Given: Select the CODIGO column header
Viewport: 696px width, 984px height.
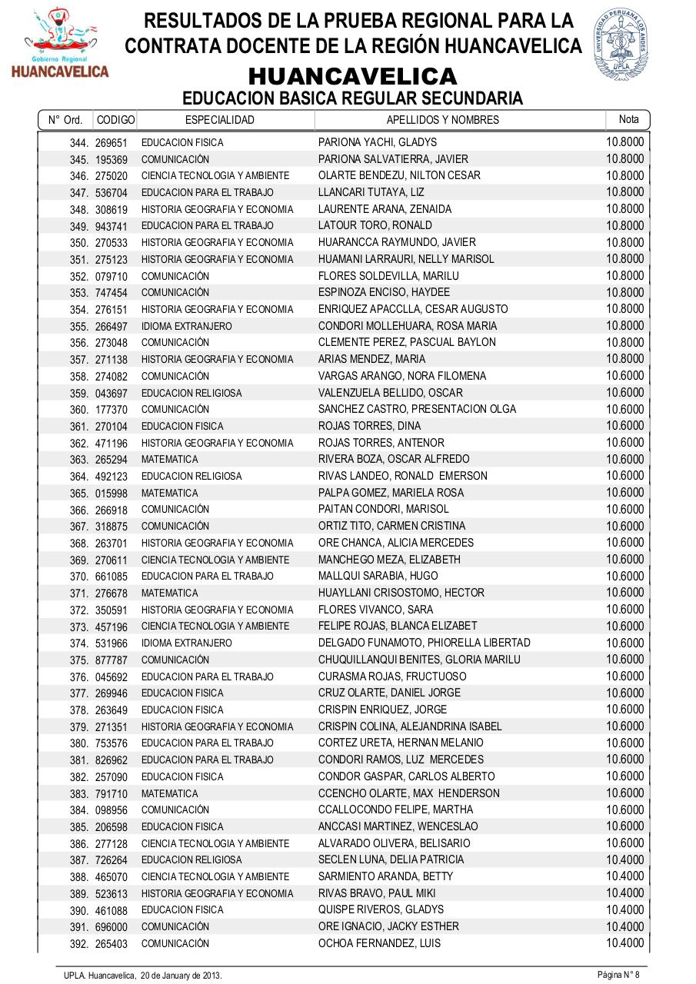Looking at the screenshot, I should point(115,120).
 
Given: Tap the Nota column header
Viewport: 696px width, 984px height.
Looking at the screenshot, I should point(628,119).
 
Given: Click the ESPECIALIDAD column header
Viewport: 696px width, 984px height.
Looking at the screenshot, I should point(220,120).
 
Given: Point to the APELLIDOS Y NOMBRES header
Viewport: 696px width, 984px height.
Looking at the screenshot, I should point(442,120).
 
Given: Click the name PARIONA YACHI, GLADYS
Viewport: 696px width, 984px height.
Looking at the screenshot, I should point(377,142).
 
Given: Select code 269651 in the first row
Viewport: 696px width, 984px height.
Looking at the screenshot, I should point(112,143).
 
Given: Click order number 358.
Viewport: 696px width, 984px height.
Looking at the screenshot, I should point(79,377).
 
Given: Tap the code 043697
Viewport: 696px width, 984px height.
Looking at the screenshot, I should point(112,394).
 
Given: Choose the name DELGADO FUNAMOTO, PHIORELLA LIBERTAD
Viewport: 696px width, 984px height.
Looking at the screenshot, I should point(424,643).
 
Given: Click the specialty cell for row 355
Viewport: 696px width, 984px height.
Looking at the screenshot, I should point(186,326).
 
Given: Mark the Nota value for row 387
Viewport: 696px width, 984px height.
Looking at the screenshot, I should point(624,859).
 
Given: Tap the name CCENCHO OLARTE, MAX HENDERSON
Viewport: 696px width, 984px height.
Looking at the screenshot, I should point(408,793).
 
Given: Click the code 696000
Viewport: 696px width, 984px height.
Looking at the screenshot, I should point(112,927).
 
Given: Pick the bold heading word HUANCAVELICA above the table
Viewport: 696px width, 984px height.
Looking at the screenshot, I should point(352,77).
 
